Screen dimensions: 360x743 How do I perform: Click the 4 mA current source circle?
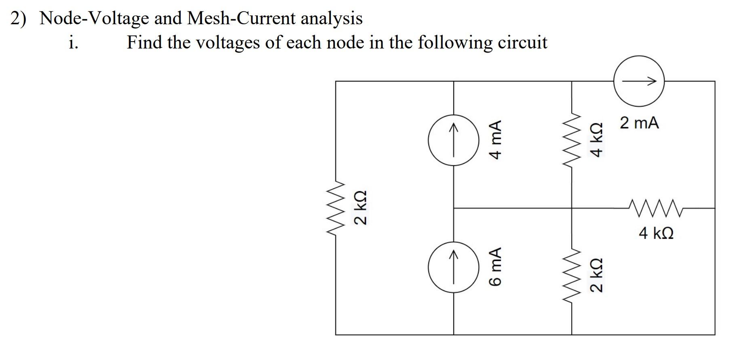tap(453, 140)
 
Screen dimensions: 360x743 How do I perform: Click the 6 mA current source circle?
tap(453, 267)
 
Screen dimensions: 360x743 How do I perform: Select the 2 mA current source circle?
tap(639, 81)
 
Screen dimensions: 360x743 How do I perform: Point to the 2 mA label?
tap(639, 123)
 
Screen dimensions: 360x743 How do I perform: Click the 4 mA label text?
tap(495, 139)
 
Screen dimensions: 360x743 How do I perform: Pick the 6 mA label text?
tap(495, 267)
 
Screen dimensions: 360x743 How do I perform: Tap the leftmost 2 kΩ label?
tap(360, 208)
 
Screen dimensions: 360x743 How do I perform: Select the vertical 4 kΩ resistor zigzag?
tap(572, 139)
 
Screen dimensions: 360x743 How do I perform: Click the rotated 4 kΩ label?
tap(597, 140)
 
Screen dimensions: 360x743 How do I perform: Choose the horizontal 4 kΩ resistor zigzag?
tap(656, 208)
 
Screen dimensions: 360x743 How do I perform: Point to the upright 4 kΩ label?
tap(656, 233)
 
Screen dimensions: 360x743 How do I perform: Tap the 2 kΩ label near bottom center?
tap(597, 275)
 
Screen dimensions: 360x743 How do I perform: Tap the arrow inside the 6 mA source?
tap(453, 267)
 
